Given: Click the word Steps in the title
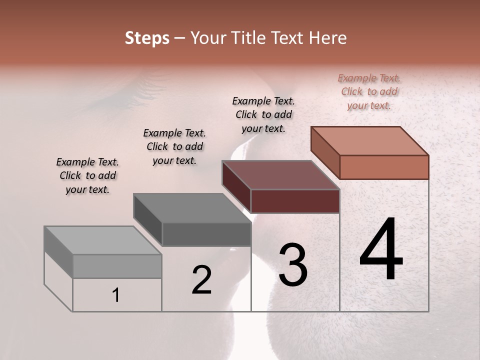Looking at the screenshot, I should pyautogui.click(x=147, y=38).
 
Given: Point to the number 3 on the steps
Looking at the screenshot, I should pyautogui.click(x=293, y=265).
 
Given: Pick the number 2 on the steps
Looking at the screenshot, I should pyautogui.click(x=201, y=280).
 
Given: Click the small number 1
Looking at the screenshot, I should pyautogui.click(x=115, y=295).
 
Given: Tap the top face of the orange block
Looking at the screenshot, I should pyautogui.click(x=370, y=140).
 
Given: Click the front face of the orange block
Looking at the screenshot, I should pyautogui.click(x=384, y=167).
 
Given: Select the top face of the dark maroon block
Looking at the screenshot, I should pyautogui.click(x=281, y=175).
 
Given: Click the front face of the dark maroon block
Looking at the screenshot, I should pyautogui.click(x=295, y=201).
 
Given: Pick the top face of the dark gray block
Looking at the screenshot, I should pyautogui.click(x=192, y=208).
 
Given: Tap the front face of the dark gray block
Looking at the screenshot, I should pyautogui.click(x=206, y=234).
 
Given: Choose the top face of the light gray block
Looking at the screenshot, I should pyautogui.click(x=102, y=240).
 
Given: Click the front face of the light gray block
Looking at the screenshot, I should pyautogui.click(x=117, y=266).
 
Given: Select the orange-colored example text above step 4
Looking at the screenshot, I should pyautogui.click(x=369, y=91).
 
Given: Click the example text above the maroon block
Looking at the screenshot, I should pyautogui.click(x=263, y=114).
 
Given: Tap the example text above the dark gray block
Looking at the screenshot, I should pyautogui.click(x=174, y=146).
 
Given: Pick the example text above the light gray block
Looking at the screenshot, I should pyautogui.click(x=87, y=175).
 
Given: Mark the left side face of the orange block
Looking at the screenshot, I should pyautogui.click(x=325, y=152).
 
